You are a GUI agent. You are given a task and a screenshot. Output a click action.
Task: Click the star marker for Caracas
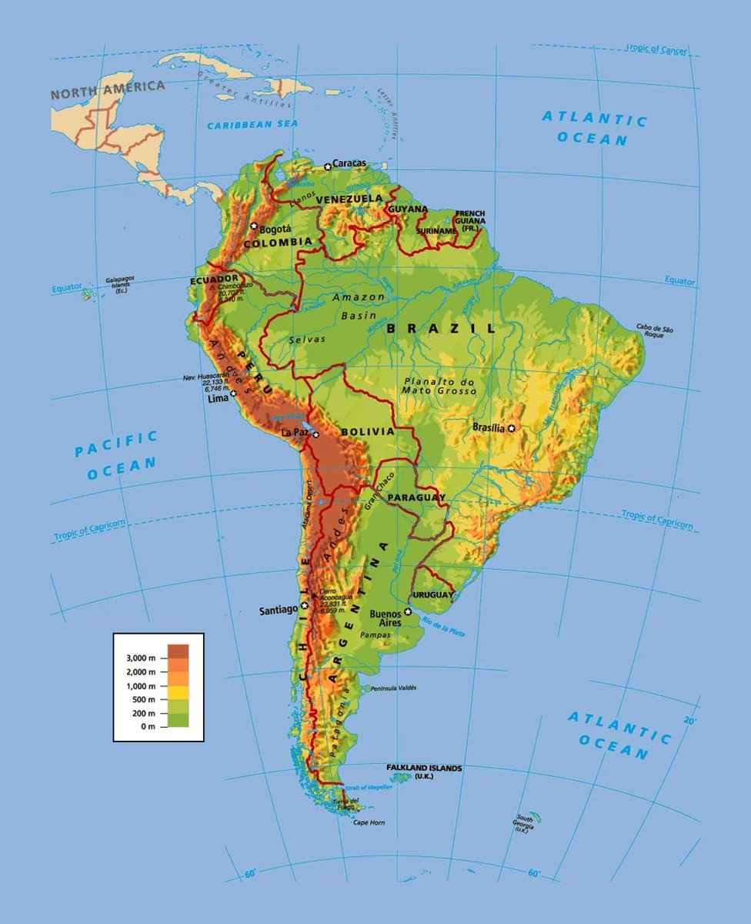[327, 166]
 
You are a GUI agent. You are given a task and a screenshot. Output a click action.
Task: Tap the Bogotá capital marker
[254, 226]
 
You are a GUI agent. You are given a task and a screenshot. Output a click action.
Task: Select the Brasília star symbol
[510, 427]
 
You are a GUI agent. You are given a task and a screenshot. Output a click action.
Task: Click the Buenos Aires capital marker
[408, 612]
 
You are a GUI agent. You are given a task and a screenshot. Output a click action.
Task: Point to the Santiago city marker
[305, 606]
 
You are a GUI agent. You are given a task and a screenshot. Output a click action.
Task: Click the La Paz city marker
[315, 434]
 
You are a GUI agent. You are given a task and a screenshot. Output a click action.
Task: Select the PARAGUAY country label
[416, 498]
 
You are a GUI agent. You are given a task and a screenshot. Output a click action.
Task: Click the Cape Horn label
[368, 822]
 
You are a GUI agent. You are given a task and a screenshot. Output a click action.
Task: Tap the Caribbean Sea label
[252, 124]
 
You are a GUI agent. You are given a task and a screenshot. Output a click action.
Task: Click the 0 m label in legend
[146, 727]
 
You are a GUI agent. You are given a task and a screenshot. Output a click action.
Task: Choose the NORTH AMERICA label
[108, 89]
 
